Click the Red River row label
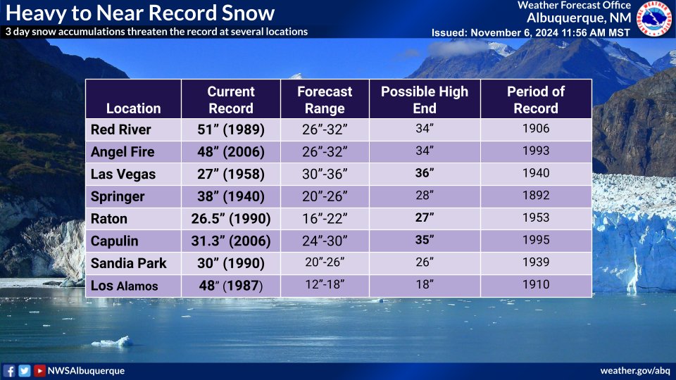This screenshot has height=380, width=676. pyautogui.click(x=121, y=129)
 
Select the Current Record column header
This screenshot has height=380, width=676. pyautogui.click(x=231, y=100)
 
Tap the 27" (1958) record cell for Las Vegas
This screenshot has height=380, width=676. pyautogui.click(x=231, y=174)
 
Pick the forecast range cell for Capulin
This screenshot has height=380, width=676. pyautogui.click(x=324, y=241)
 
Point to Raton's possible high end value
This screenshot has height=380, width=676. pyautogui.click(x=425, y=218)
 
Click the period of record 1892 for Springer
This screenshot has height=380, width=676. pyautogui.click(x=536, y=196)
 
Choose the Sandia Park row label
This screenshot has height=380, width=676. pyautogui.click(x=129, y=263)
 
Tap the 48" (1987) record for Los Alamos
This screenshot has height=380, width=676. pyautogui.click(x=231, y=286)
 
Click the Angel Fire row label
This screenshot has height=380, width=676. pyautogui.click(x=123, y=152)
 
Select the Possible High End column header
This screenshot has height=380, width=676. pyautogui.click(x=425, y=100)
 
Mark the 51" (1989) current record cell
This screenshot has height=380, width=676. pyautogui.click(x=231, y=129)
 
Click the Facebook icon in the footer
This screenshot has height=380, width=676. pyautogui.click(x=9, y=371)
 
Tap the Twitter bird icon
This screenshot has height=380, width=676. pyautogui.click(x=25, y=371)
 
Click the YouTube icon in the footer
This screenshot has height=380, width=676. pyautogui.click(x=40, y=371)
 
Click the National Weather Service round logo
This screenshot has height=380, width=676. pyautogui.click(x=654, y=19)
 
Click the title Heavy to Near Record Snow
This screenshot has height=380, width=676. pyautogui.click(x=140, y=13)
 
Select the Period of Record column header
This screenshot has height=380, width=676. pyautogui.click(x=536, y=100)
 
